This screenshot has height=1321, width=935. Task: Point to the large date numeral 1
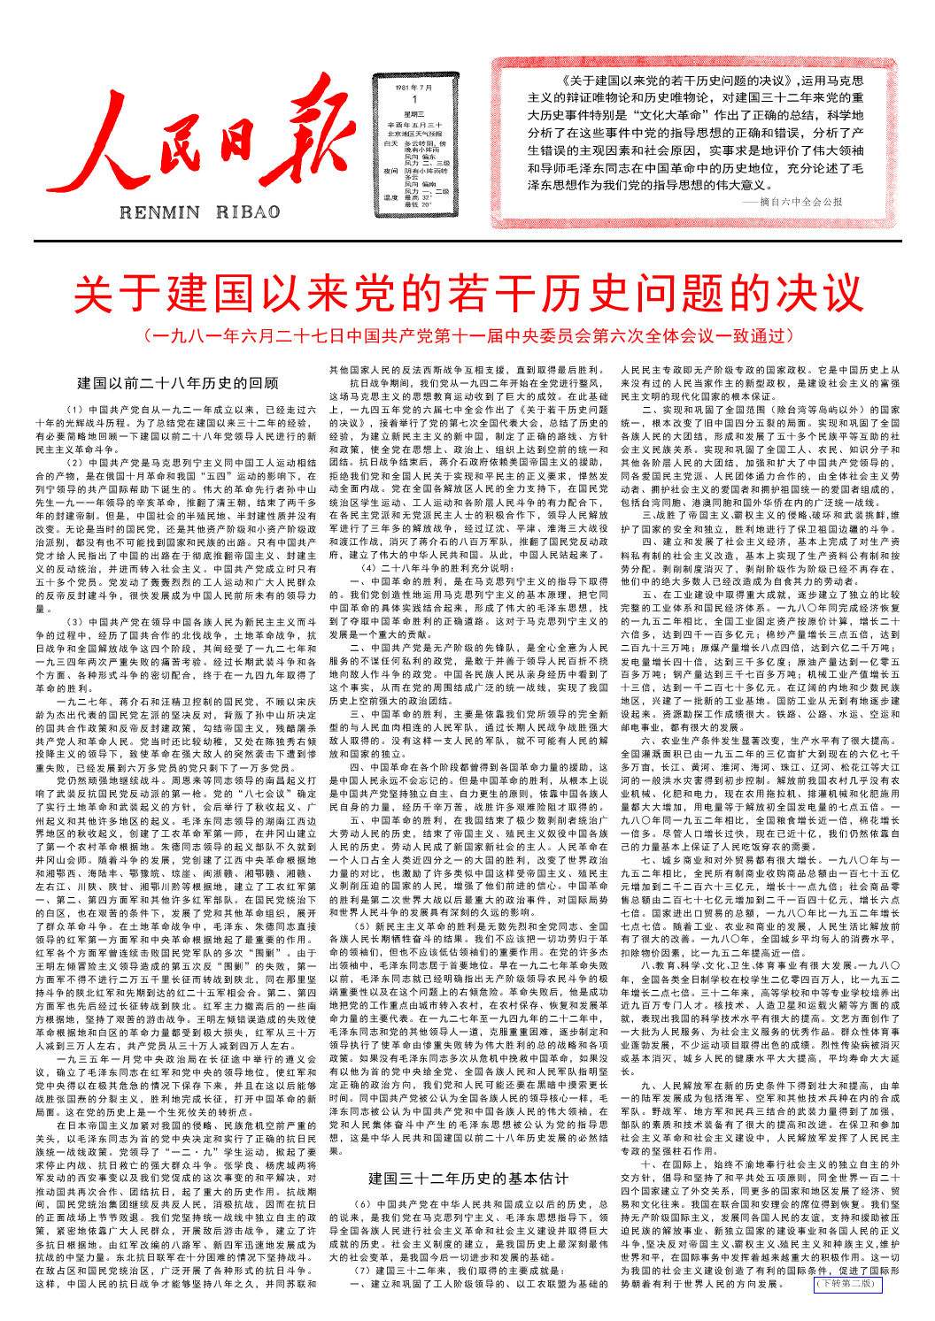(414, 100)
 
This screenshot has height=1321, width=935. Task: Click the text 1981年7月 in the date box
(414, 88)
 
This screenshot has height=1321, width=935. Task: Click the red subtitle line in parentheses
(467, 337)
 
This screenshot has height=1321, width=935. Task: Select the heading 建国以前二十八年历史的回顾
(177, 383)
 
